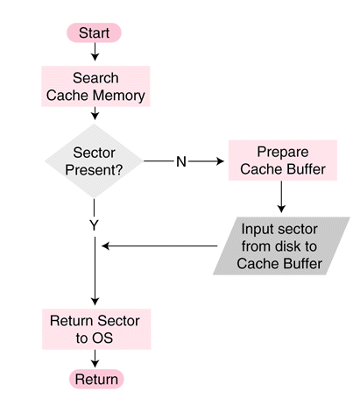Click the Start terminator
click(x=94, y=32)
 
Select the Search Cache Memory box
click(x=95, y=87)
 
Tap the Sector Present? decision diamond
click(x=95, y=161)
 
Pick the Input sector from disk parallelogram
click(x=281, y=246)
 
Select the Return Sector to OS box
click(x=95, y=329)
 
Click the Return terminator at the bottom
click(x=95, y=379)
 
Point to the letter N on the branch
click(x=181, y=161)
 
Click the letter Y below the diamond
click(x=94, y=225)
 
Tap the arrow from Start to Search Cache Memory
click(x=95, y=53)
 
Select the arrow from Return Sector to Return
click(x=95, y=358)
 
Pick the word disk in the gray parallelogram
click(x=276, y=246)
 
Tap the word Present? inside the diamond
click(x=95, y=170)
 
